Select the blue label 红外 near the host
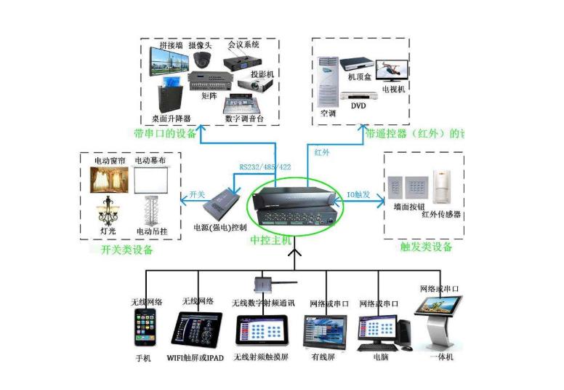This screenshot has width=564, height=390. coord(322,153)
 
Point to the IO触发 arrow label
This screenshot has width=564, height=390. coord(359,194)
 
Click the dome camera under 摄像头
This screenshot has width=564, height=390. coord(202,60)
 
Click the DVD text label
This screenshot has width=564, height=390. coord(358,106)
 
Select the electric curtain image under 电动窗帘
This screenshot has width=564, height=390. coord(108,180)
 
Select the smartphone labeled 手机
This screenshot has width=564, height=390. coord(146,329)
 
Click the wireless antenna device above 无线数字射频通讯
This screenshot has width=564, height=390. coord(262,282)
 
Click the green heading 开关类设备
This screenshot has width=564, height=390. coord(122,250)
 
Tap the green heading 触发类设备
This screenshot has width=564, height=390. coord(427,247)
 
